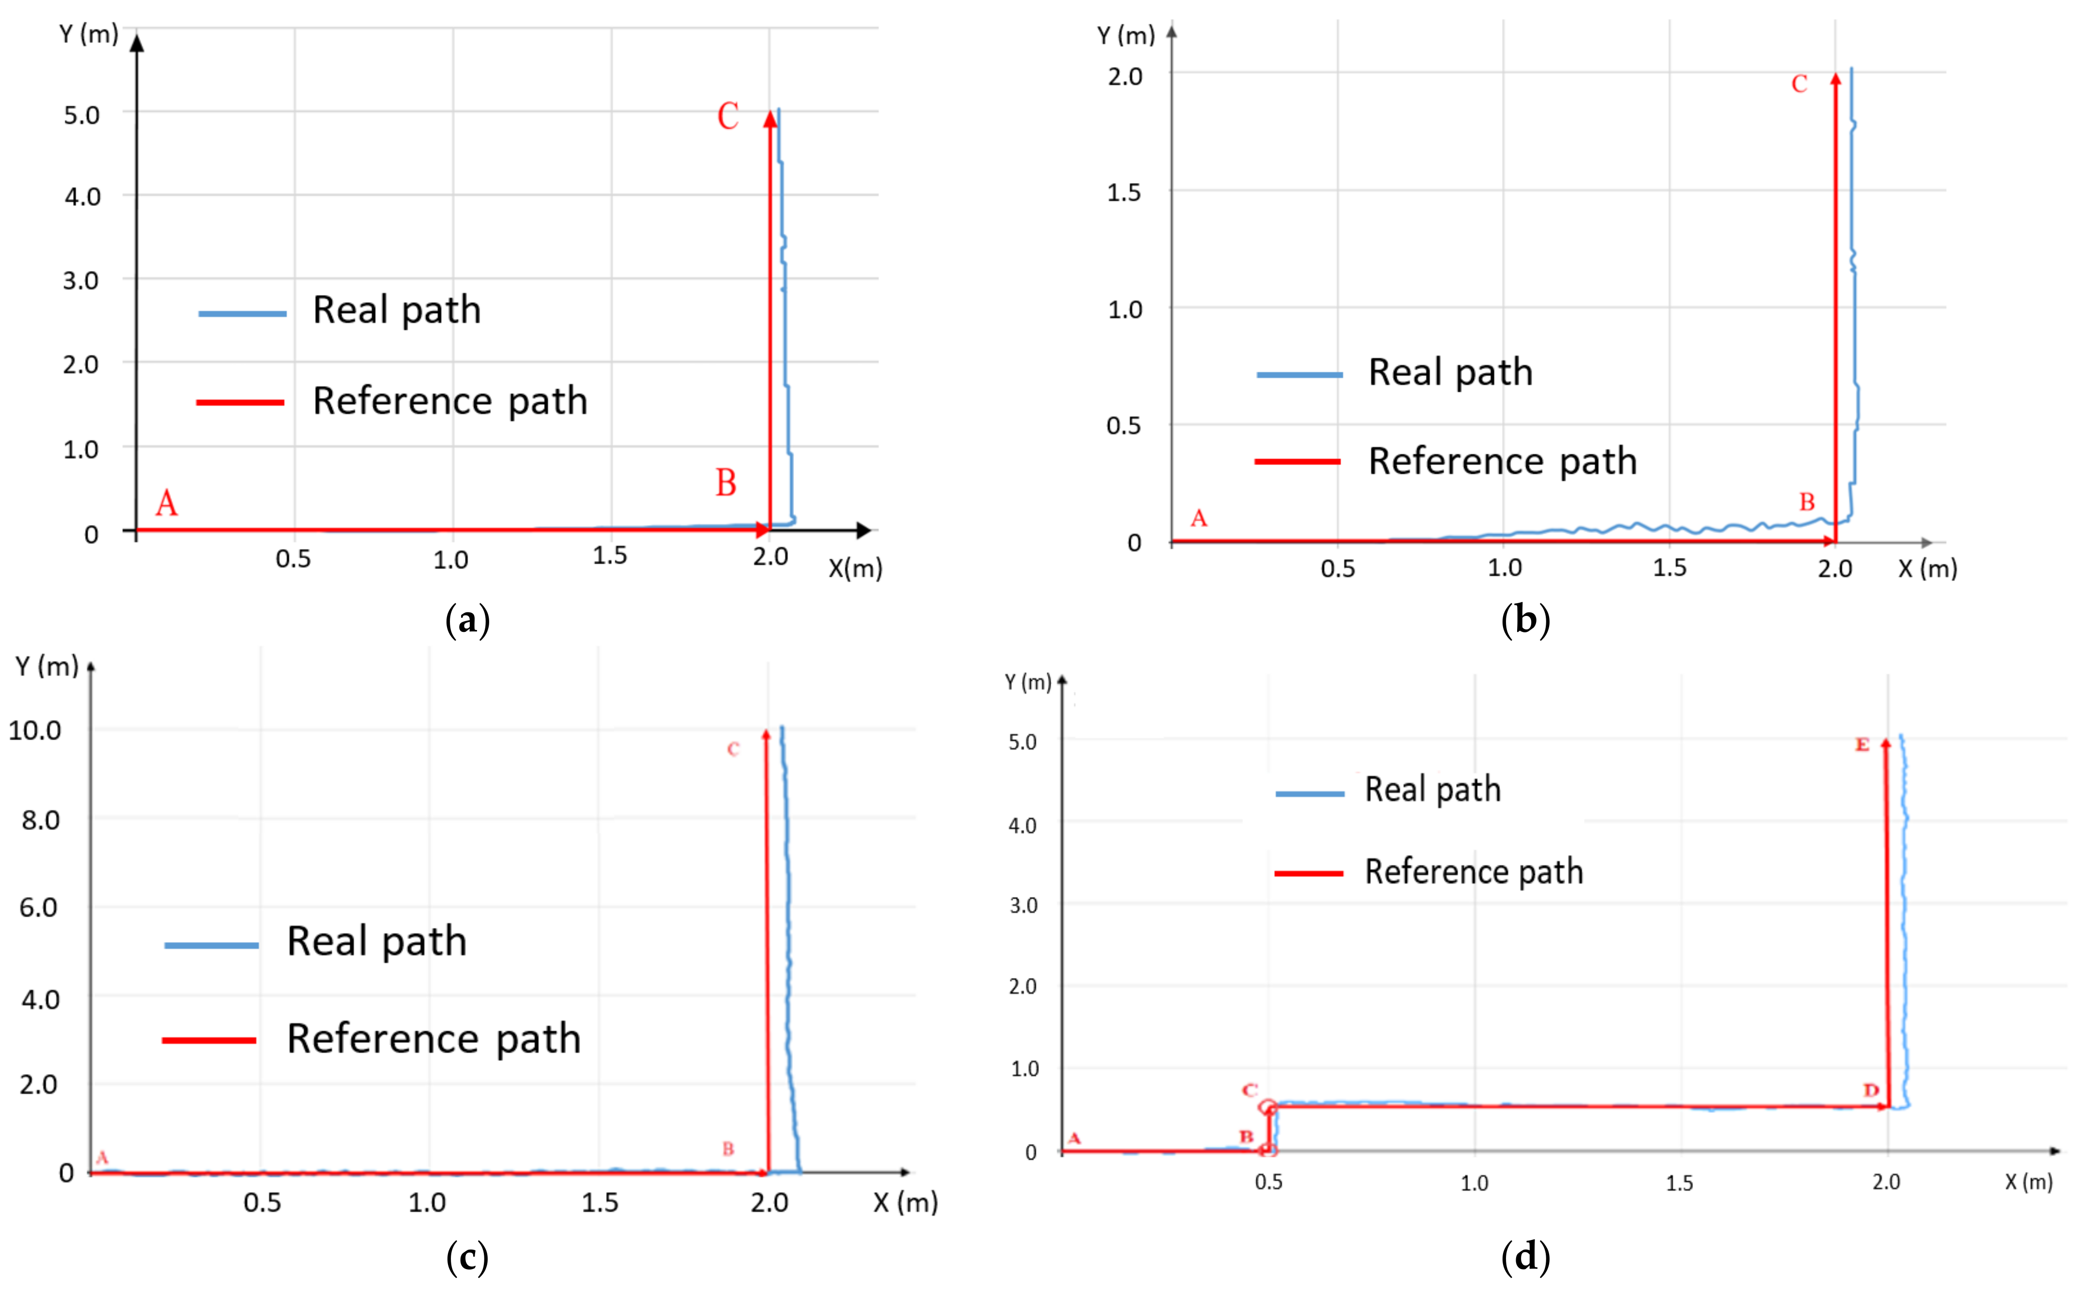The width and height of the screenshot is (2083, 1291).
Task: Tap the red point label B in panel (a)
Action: tap(726, 483)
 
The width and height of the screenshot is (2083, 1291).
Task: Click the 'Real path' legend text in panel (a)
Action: tap(397, 310)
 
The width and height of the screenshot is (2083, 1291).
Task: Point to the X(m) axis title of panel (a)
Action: tap(855, 569)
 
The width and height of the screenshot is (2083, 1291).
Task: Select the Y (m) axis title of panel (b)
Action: tap(1125, 36)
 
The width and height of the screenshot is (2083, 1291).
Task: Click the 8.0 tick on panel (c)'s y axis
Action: tap(41, 821)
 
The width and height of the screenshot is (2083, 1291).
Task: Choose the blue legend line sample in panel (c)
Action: tap(211, 945)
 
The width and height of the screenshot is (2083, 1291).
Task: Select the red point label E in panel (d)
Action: tap(1862, 745)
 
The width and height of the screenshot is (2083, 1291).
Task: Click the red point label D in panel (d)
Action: tap(1870, 1091)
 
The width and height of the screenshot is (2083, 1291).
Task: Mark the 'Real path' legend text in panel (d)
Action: tap(1433, 790)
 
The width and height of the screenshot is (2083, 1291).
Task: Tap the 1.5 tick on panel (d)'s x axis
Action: tap(1679, 1183)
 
